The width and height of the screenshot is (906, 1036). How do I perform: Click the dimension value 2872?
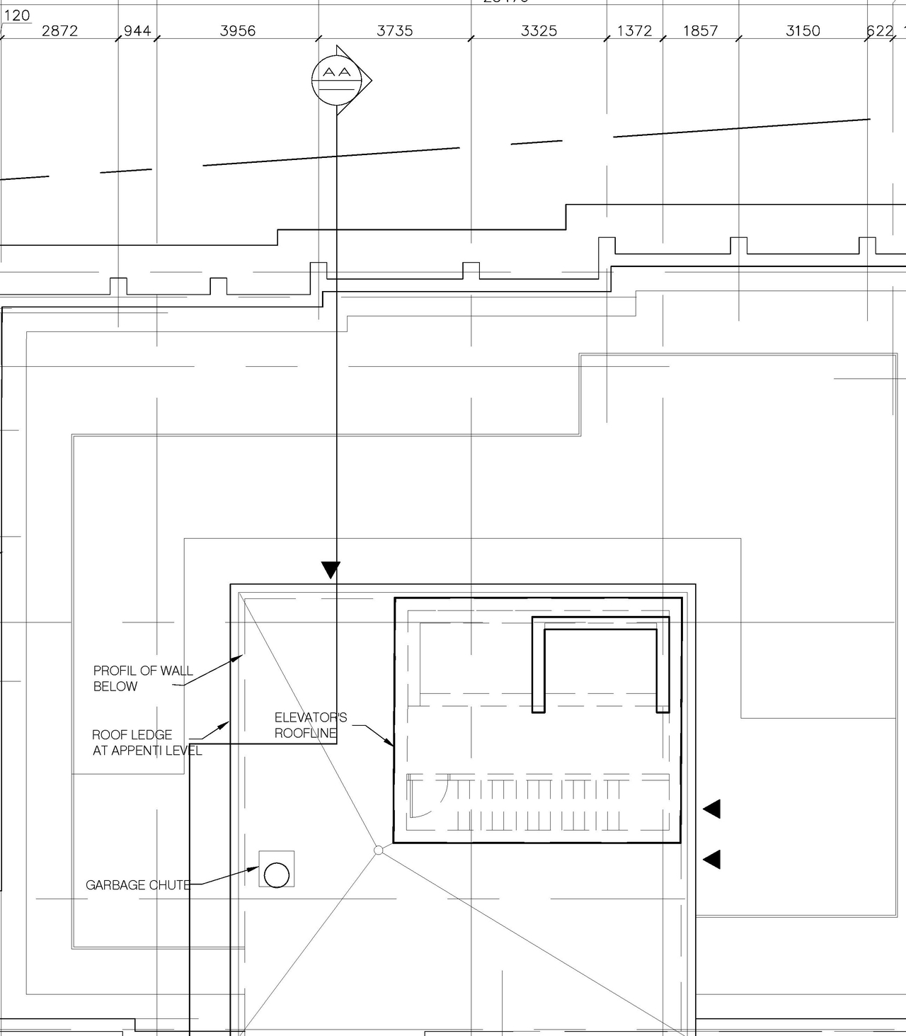(59, 30)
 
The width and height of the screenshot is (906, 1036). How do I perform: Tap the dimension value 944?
(137, 30)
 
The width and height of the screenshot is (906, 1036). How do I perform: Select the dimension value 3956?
(238, 30)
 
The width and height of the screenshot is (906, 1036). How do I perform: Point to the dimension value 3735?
(395, 30)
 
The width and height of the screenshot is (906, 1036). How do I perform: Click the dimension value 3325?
(539, 30)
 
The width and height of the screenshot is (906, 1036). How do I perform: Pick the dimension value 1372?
(634, 30)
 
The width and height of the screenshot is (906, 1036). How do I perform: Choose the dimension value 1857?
(700, 30)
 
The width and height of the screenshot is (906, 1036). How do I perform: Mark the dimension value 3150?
(803, 30)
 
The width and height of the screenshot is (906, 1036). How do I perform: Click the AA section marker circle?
(333, 79)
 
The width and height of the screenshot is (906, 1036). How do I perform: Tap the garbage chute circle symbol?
(276, 875)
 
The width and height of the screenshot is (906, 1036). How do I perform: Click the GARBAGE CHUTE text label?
(138, 885)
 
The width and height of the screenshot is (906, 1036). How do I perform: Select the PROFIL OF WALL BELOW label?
(142, 678)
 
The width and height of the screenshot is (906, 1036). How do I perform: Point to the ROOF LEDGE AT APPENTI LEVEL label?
(147, 743)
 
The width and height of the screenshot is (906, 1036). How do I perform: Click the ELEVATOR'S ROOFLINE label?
(310, 725)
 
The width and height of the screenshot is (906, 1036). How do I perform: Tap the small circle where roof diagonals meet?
(379, 850)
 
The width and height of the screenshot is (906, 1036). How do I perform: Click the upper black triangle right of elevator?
(713, 809)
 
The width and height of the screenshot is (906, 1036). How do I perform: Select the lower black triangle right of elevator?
(713, 859)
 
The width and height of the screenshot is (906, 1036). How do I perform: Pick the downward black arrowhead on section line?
(331, 569)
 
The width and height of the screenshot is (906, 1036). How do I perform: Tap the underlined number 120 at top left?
(17, 15)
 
